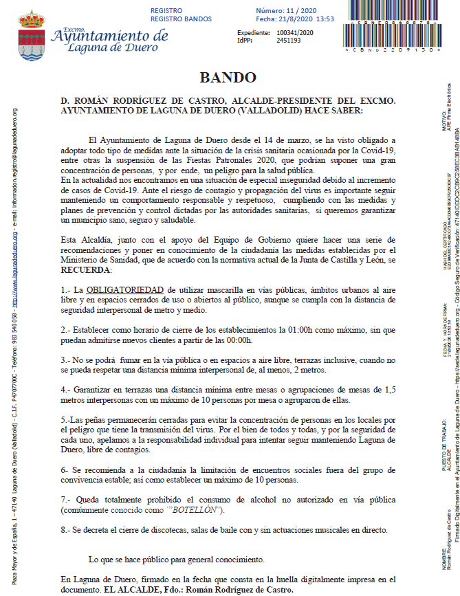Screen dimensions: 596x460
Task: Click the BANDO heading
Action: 228,78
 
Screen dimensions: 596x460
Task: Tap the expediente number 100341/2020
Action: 294,32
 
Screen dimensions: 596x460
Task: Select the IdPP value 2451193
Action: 289,41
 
